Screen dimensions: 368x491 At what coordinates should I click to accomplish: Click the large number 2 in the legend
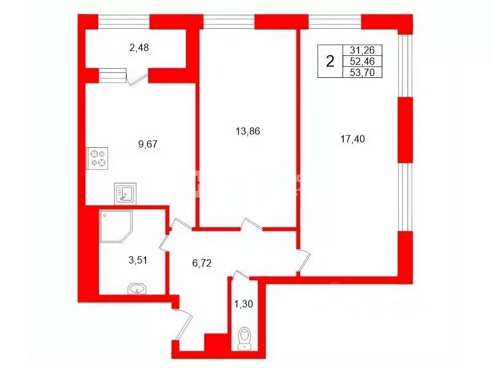[x=330, y=61]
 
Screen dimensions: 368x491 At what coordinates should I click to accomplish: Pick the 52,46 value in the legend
[x=361, y=61]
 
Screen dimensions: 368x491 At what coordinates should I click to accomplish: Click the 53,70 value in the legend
[x=361, y=72]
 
